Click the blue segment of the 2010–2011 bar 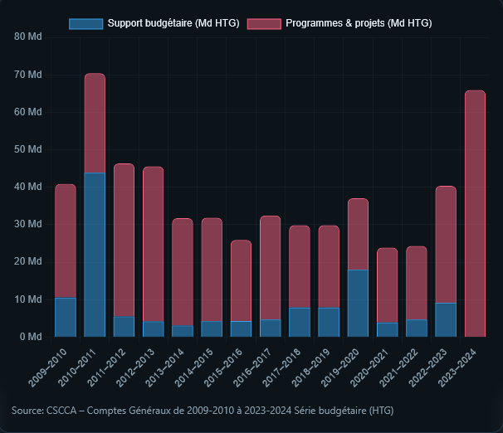coord(95,255)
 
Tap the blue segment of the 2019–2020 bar coord(358,303)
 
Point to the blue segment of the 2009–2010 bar coord(66,317)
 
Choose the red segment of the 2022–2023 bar coord(446,245)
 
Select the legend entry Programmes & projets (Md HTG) coord(358,23)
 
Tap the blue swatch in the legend coord(85,23)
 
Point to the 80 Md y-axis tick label coord(28,37)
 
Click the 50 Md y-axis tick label coord(28,149)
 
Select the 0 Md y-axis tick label coord(31,337)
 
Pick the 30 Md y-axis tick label coord(28,224)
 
